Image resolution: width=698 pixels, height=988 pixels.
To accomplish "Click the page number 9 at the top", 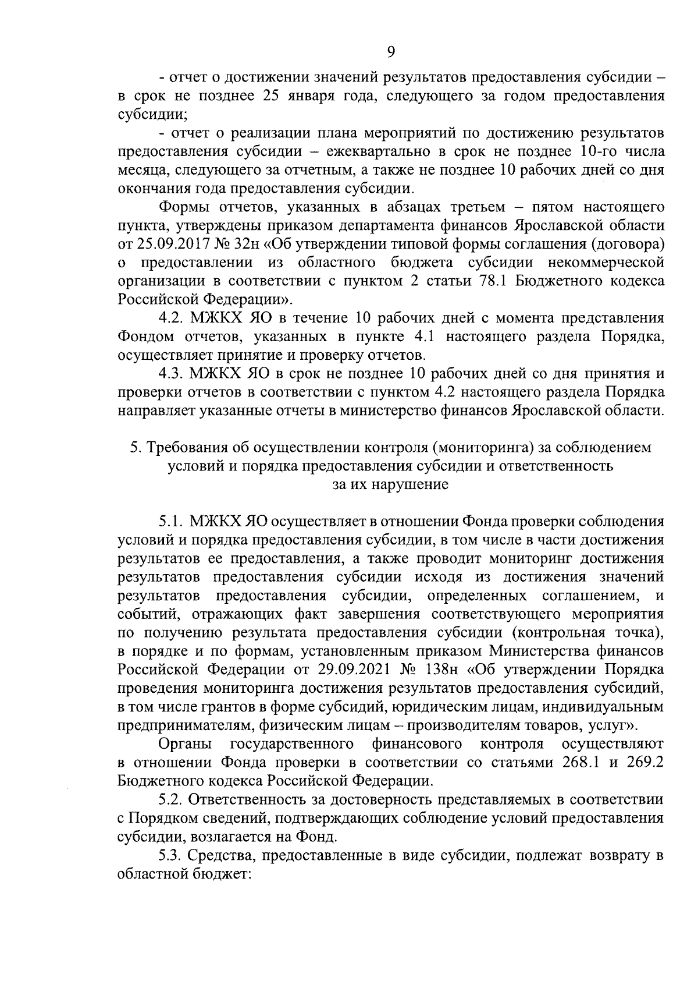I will (390, 52).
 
